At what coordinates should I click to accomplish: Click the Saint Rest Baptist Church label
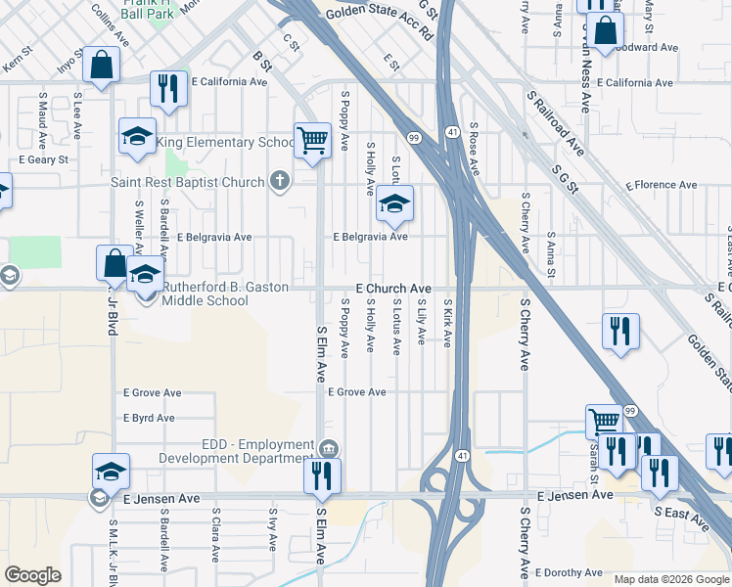coord(188,182)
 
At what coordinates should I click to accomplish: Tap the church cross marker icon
coord(280,181)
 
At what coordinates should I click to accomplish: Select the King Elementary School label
coord(225,143)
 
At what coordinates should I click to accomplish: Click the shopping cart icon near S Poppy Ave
coord(312,139)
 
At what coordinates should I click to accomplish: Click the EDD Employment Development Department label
coord(257,451)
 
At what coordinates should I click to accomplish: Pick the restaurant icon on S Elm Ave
coord(320,475)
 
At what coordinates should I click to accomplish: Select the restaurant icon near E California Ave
coord(169,88)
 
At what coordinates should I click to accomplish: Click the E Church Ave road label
coord(393,290)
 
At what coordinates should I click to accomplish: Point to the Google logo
coord(33,575)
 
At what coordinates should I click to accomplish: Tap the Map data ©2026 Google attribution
coord(671,579)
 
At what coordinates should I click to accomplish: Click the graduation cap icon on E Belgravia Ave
coord(394,203)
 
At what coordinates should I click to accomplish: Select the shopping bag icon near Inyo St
coord(102,66)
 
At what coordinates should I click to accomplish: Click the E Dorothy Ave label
coord(568,572)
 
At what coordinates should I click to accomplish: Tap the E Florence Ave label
coord(665,185)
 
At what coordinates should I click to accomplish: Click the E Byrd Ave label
coord(149,418)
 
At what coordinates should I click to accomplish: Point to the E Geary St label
coord(43,158)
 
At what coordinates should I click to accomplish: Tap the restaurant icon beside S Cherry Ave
coord(620,331)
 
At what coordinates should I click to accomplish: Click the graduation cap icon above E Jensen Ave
coord(112,472)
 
